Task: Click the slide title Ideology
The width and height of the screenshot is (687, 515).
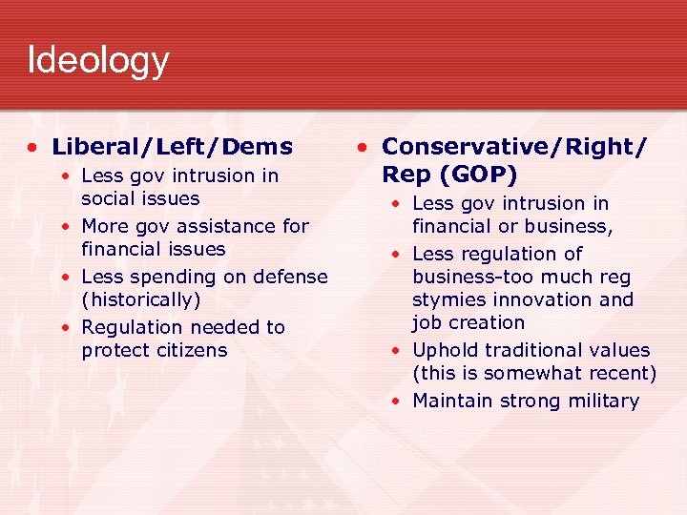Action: [98, 60]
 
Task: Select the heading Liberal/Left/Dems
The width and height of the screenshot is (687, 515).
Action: [172, 147]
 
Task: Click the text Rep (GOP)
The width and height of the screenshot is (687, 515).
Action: [449, 175]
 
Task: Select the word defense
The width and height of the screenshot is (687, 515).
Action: [290, 277]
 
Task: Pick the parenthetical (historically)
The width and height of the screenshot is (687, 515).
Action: [141, 299]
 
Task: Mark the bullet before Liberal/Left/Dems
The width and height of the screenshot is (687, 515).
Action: [33, 148]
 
